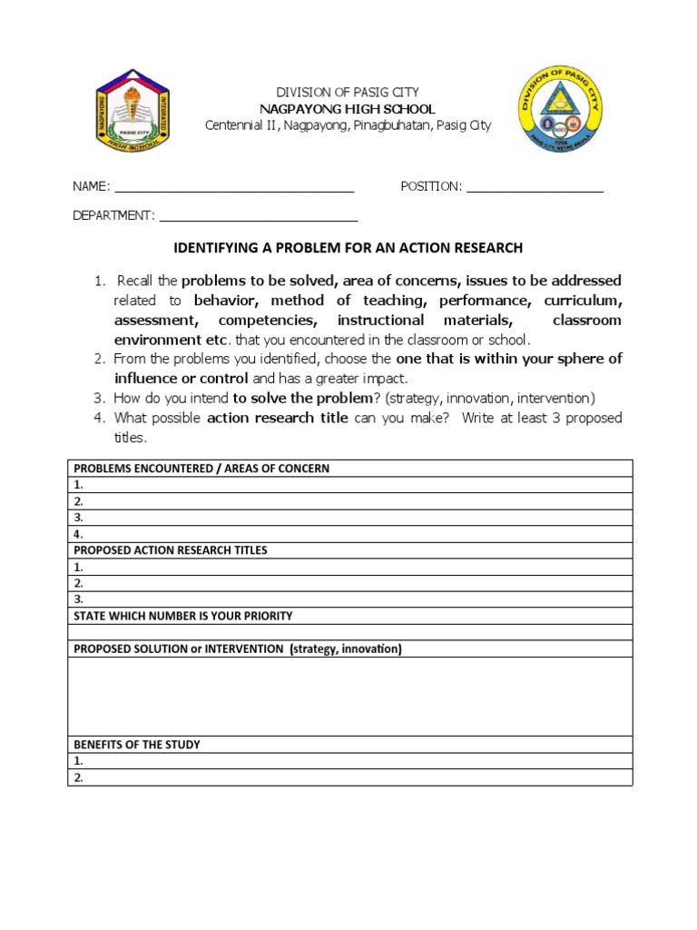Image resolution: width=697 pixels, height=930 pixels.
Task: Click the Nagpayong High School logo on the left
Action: point(133,110)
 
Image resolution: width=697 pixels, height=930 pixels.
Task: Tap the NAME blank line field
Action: point(233,188)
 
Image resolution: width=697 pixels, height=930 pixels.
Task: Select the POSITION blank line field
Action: point(535,188)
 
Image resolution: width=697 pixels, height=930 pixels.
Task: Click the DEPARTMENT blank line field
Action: point(259,217)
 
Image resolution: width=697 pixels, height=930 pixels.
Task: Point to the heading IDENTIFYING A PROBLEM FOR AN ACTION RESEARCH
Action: point(348,248)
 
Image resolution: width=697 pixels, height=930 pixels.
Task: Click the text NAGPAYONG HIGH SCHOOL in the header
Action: point(348,109)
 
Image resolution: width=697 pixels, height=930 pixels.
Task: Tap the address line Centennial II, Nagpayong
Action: point(348,125)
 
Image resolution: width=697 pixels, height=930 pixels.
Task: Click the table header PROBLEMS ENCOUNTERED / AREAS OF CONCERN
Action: point(201,469)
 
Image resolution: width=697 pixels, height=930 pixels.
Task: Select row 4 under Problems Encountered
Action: point(350,535)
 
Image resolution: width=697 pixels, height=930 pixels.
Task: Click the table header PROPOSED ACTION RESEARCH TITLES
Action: point(171,550)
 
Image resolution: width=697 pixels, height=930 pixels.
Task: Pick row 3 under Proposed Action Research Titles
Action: point(350,599)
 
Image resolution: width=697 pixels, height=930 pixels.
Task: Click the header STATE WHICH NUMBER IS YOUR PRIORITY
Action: point(183,616)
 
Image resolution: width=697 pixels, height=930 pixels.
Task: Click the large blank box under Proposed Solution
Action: point(350,696)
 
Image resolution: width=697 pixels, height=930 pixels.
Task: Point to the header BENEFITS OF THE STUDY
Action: point(137,745)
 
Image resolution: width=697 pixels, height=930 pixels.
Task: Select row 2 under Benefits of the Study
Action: point(350,777)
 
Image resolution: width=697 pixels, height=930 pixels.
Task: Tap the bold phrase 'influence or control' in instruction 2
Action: point(182,378)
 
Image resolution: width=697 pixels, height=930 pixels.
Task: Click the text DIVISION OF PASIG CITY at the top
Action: point(348,93)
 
